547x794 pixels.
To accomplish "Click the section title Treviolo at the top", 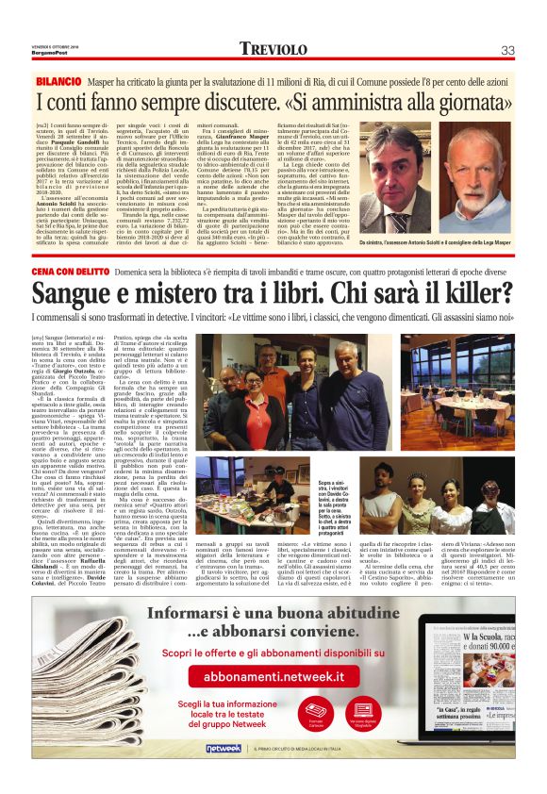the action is click(273, 49).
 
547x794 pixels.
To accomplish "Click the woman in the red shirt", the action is click(254, 397).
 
